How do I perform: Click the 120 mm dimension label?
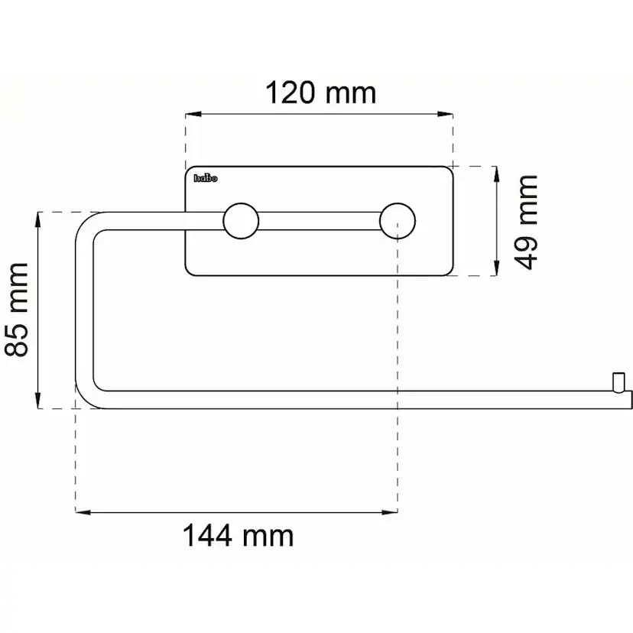coord(320,93)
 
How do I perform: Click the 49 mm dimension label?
coord(526,222)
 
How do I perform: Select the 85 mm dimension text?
coord(17,310)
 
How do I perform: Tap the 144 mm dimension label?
coord(239,535)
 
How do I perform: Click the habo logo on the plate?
coord(206,178)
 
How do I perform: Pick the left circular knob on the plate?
coord(241,221)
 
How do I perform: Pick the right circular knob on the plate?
coord(398,221)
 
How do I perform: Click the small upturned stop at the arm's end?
coord(618,382)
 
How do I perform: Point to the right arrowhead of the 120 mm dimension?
coord(445,114)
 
